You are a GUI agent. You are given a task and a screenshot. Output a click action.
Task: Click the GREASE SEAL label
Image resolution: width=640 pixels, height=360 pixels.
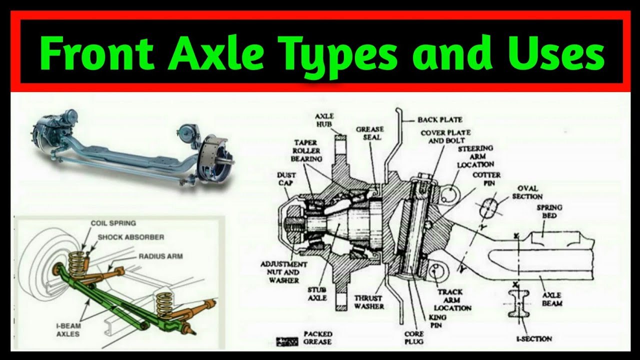(x=369, y=133)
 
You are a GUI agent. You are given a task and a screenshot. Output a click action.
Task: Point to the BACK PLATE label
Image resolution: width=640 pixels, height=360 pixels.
(x=440, y=120)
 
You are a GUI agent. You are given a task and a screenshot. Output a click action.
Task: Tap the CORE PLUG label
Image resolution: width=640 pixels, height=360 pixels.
(x=414, y=337)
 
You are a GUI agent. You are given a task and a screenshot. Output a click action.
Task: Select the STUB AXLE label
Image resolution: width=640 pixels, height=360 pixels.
(x=316, y=293)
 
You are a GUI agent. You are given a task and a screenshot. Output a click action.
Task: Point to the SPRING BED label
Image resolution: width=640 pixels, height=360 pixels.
(x=549, y=211)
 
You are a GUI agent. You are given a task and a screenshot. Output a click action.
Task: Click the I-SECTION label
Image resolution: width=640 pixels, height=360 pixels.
(x=534, y=339)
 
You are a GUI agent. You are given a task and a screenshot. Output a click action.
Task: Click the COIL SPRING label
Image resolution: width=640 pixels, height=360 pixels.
(x=113, y=223)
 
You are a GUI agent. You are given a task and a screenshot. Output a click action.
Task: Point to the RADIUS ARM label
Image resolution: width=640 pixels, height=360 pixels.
(x=160, y=256)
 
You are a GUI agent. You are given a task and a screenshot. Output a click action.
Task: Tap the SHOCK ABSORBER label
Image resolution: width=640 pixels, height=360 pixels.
(x=130, y=237)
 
